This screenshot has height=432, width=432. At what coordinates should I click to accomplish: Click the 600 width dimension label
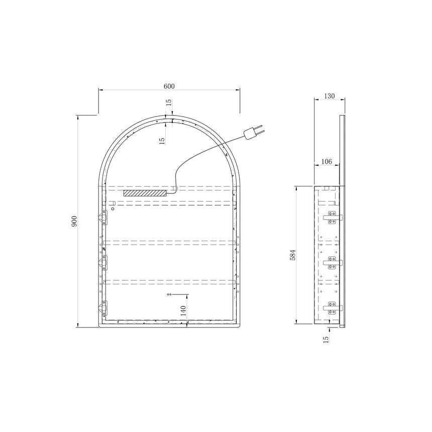click(x=169, y=86)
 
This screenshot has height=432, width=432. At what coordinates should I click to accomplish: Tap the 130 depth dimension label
click(x=329, y=96)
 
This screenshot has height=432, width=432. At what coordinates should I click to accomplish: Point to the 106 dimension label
click(x=327, y=161)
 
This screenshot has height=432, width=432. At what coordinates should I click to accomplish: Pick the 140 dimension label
click(x=183, y=311)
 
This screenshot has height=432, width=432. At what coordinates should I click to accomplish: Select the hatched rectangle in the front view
click(x=145, y=193)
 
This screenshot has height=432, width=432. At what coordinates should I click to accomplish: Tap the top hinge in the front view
click(x=103, y=218)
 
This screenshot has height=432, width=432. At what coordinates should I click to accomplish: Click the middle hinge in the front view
click(x=103, y=263)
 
